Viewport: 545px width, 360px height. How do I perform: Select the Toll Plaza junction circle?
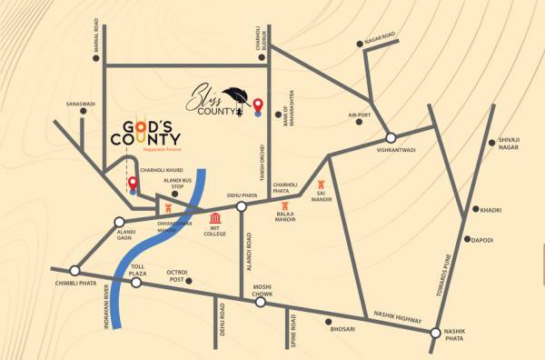click(135, 282)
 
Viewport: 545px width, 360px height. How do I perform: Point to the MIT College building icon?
click(215, 219)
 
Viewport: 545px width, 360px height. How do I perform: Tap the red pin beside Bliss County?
click(258, 105)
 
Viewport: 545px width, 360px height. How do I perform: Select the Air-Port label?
click(361, 115)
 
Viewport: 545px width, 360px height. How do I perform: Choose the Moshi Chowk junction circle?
click(261, 302)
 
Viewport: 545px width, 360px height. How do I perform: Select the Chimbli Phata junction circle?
click(75, 270)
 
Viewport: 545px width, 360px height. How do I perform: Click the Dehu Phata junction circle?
click(242, 207)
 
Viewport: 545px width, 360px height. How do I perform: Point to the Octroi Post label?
click(175, 275)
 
